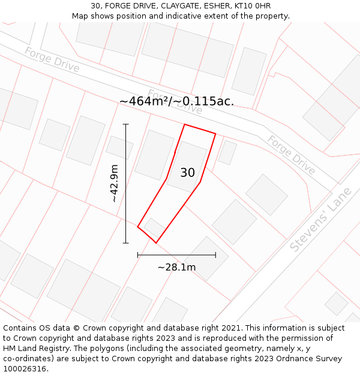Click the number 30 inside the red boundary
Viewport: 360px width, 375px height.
tap(187, 173)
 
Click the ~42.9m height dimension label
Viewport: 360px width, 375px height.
tap(115, 183)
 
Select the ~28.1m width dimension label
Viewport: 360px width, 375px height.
tap(176, 267)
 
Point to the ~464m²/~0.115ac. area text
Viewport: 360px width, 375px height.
tap(176, 101)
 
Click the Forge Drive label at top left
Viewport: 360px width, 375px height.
tap(52, 59)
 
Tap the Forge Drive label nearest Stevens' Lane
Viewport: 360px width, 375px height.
tap(291, 155)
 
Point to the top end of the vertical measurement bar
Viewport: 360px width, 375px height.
tap(126, 124)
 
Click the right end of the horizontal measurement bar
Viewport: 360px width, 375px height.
tap(215, 255)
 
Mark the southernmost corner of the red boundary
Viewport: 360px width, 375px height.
tap(156, 243)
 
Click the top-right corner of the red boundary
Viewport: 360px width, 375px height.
tap(215, 133)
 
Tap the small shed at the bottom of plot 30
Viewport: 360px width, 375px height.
tap(154, 227)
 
